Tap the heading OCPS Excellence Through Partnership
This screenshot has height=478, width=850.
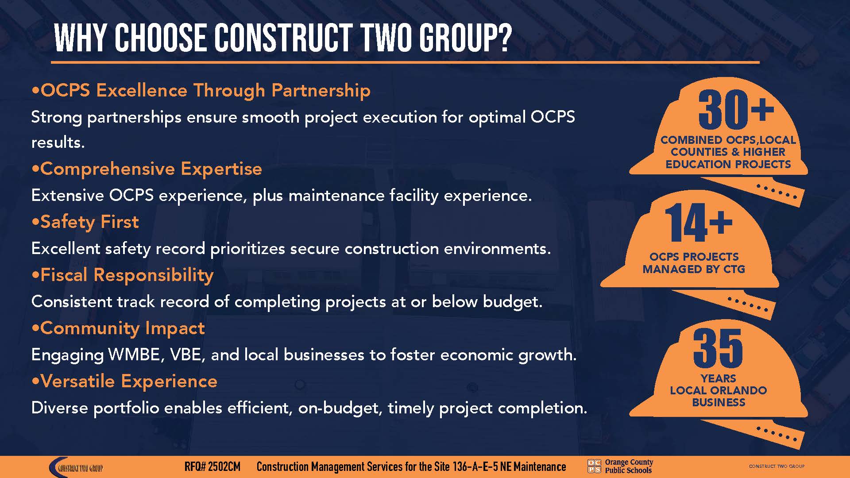(x=201, y=90)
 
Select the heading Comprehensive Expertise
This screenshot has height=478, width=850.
(x=147, y=169)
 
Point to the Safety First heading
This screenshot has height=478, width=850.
(x=85, y=222)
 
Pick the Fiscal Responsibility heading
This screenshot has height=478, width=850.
(x=123, y=275)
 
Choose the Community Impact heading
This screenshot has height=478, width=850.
(x=118, y=328)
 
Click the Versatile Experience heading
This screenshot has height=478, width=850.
(x=125, y=382)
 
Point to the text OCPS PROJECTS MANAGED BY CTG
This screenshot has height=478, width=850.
(x=694, y=263)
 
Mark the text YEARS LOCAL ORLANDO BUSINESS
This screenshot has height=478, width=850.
(x=718, y=390)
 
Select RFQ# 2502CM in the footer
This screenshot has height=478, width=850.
(x=212, y=467)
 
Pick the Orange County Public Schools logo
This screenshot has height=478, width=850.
(x=620, y=466)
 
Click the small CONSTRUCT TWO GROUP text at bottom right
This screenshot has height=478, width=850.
(x=777, y=466)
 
